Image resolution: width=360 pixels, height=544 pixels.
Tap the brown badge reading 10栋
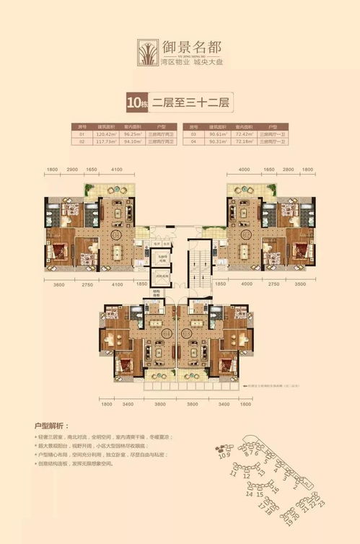click(135, 102)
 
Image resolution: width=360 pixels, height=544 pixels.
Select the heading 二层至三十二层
click(189, 102)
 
